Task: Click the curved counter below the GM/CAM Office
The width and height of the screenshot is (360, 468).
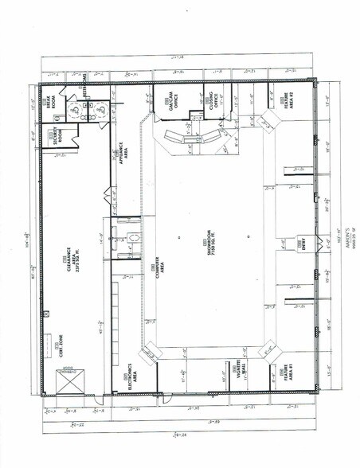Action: coord(190,139)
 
